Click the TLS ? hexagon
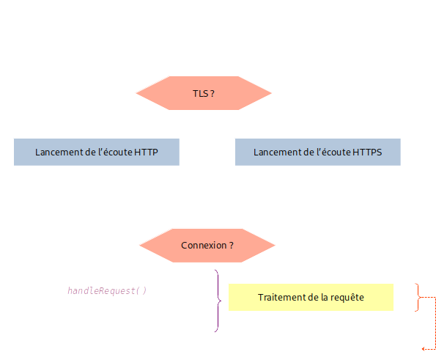point(204,93)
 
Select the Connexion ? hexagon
point(207,245)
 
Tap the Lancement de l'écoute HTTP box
point(97,152)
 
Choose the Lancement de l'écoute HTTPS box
point(318,152)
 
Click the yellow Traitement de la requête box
point(311,298)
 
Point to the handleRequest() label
point(107,290)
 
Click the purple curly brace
point(217,301)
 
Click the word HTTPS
point(367,153)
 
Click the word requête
point(347,298)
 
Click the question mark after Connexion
point(231,245)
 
